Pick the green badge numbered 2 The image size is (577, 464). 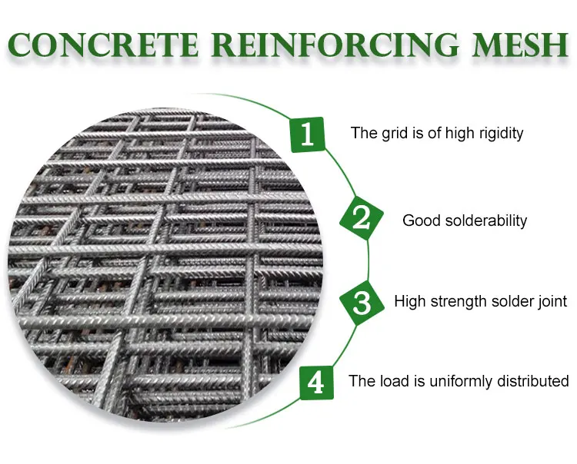pos(361,219)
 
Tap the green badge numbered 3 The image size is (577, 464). pos(362,302)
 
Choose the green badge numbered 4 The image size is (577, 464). pos(315,381)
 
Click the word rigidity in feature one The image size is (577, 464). pos(497,133)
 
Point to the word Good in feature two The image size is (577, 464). pos(420,220)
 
